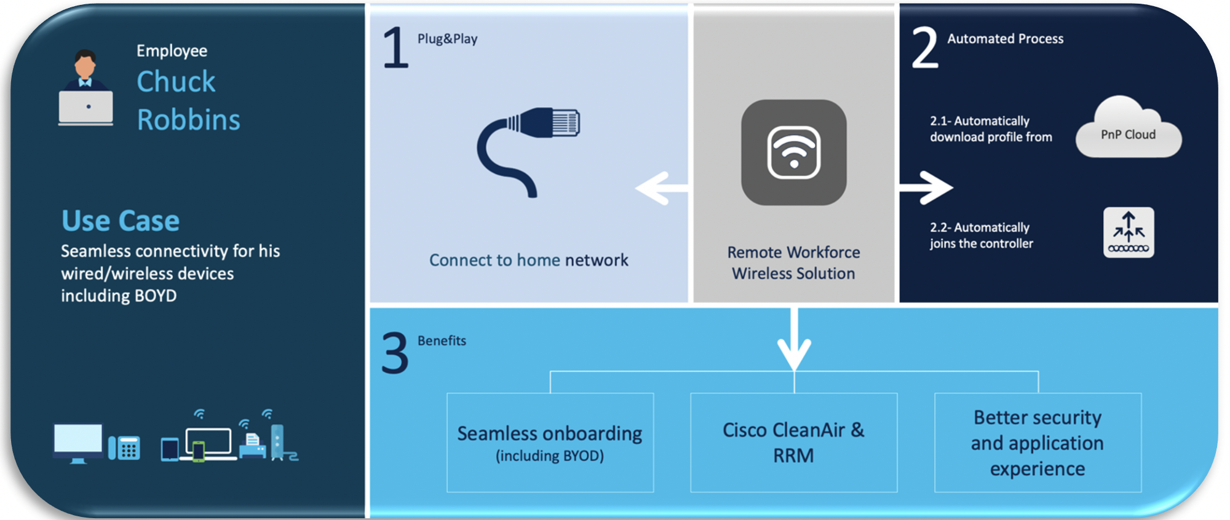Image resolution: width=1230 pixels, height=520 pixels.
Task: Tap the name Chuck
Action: tap(176, 82)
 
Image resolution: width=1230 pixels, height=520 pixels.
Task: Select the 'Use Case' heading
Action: tap(121, 221)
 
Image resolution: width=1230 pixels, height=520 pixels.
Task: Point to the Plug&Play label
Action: tap(447, 39)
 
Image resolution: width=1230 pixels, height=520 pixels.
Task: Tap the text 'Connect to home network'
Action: tap(528, 260)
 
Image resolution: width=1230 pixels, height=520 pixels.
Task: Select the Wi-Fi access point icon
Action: tap(793, 152)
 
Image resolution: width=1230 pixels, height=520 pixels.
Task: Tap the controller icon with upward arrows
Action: tap(1129, 232)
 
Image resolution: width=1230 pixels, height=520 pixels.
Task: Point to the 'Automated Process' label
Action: tap(1005, 39)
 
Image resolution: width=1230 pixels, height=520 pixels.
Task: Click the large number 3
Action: tap(395, 353)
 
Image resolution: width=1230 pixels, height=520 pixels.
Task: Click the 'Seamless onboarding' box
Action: tap(550, 443)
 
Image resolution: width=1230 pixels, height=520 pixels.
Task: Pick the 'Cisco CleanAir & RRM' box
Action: tap(793, 443)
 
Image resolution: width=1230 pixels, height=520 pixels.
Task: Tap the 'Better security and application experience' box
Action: tap(1038, 443)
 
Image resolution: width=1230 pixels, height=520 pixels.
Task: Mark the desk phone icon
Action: tap(125, 447)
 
